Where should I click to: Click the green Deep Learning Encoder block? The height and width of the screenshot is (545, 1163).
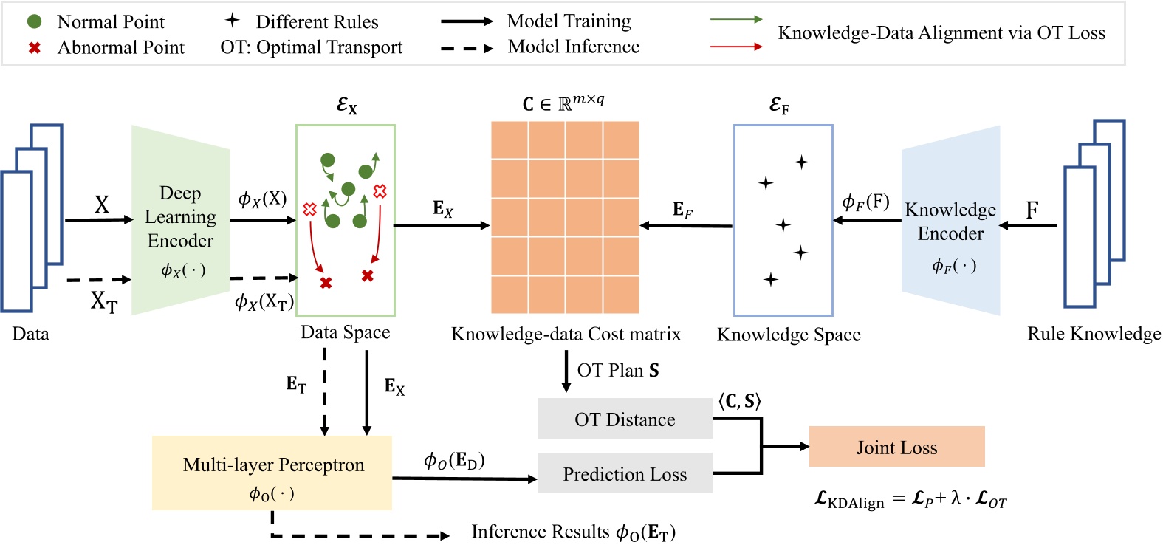point(180,220)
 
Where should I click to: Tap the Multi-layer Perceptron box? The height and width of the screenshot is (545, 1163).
point(272,473)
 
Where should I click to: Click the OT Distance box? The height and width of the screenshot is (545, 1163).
point(625,419)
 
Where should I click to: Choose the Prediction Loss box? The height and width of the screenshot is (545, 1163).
point(625,473)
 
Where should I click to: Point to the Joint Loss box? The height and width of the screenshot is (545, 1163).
point(896,447)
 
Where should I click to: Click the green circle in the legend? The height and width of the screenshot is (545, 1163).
point(34,21)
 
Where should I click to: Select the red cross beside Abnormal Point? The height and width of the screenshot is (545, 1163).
point(34,48)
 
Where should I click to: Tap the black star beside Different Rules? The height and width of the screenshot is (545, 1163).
point(233,21)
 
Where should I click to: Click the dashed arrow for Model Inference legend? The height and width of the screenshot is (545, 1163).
point(467,49)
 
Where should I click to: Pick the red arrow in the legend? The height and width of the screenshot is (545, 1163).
point(735,47)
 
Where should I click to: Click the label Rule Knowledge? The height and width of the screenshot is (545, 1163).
point(1094,334)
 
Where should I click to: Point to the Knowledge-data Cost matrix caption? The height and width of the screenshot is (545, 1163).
point(566,335)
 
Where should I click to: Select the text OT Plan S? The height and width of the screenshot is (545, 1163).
point(618,370)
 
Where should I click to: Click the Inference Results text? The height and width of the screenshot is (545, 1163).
point(573,532)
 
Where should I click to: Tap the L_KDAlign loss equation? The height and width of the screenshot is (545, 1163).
point(910,500)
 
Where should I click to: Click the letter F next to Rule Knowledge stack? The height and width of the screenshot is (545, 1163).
point(1032,210)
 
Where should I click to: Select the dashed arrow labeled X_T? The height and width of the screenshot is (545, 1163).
point(97,280)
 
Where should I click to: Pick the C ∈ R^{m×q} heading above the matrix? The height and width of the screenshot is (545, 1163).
point(563,103)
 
